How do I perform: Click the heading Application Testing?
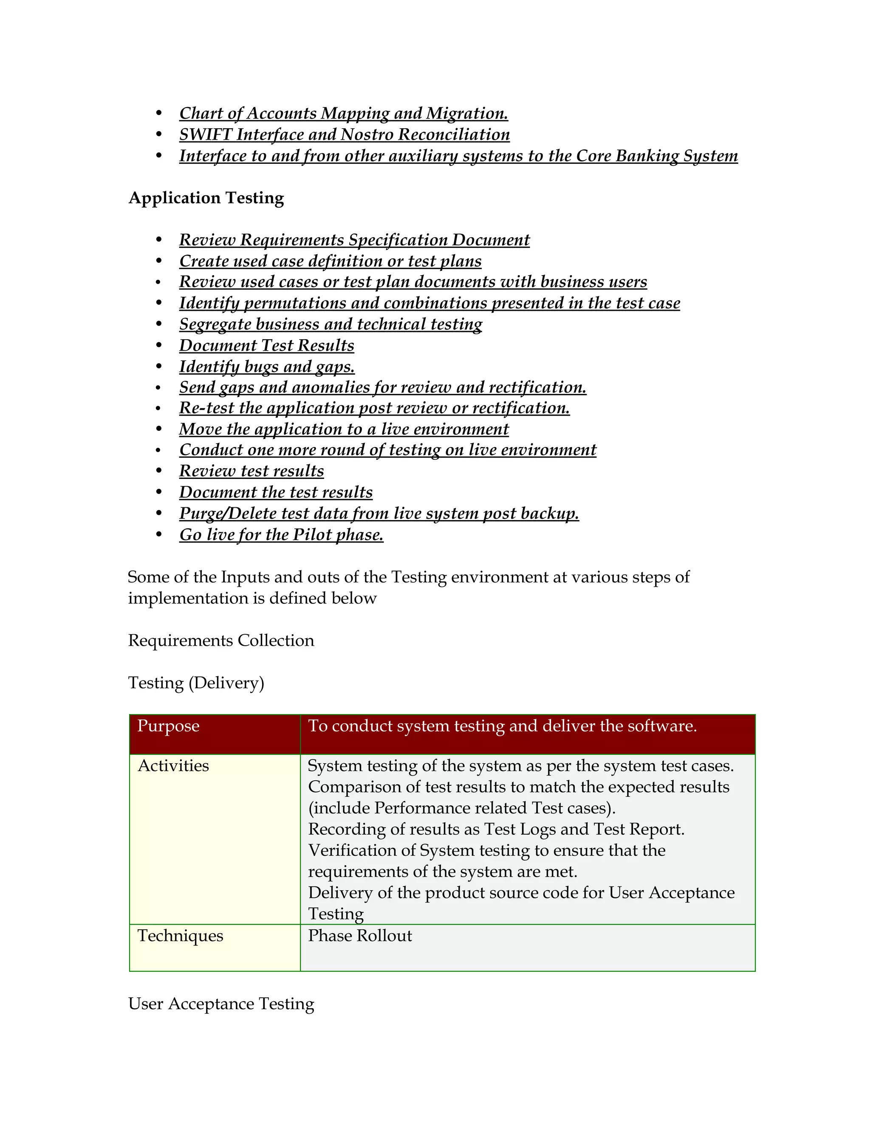click(x=206, y=198)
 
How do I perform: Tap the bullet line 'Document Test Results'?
click(x=266, y=345)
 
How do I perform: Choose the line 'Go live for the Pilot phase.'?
click(x=281, y=534)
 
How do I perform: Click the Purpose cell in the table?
click(x=168, y=726)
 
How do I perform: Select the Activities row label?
click(x=173, y=766)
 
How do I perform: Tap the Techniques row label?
click(x=181, y=935)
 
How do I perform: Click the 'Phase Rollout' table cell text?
click(x=360, y=935)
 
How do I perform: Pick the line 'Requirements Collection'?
click(x=220, y=640)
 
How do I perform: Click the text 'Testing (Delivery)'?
click(x=196, y=683)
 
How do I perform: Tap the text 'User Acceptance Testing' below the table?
click(x=220, y=1004)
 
